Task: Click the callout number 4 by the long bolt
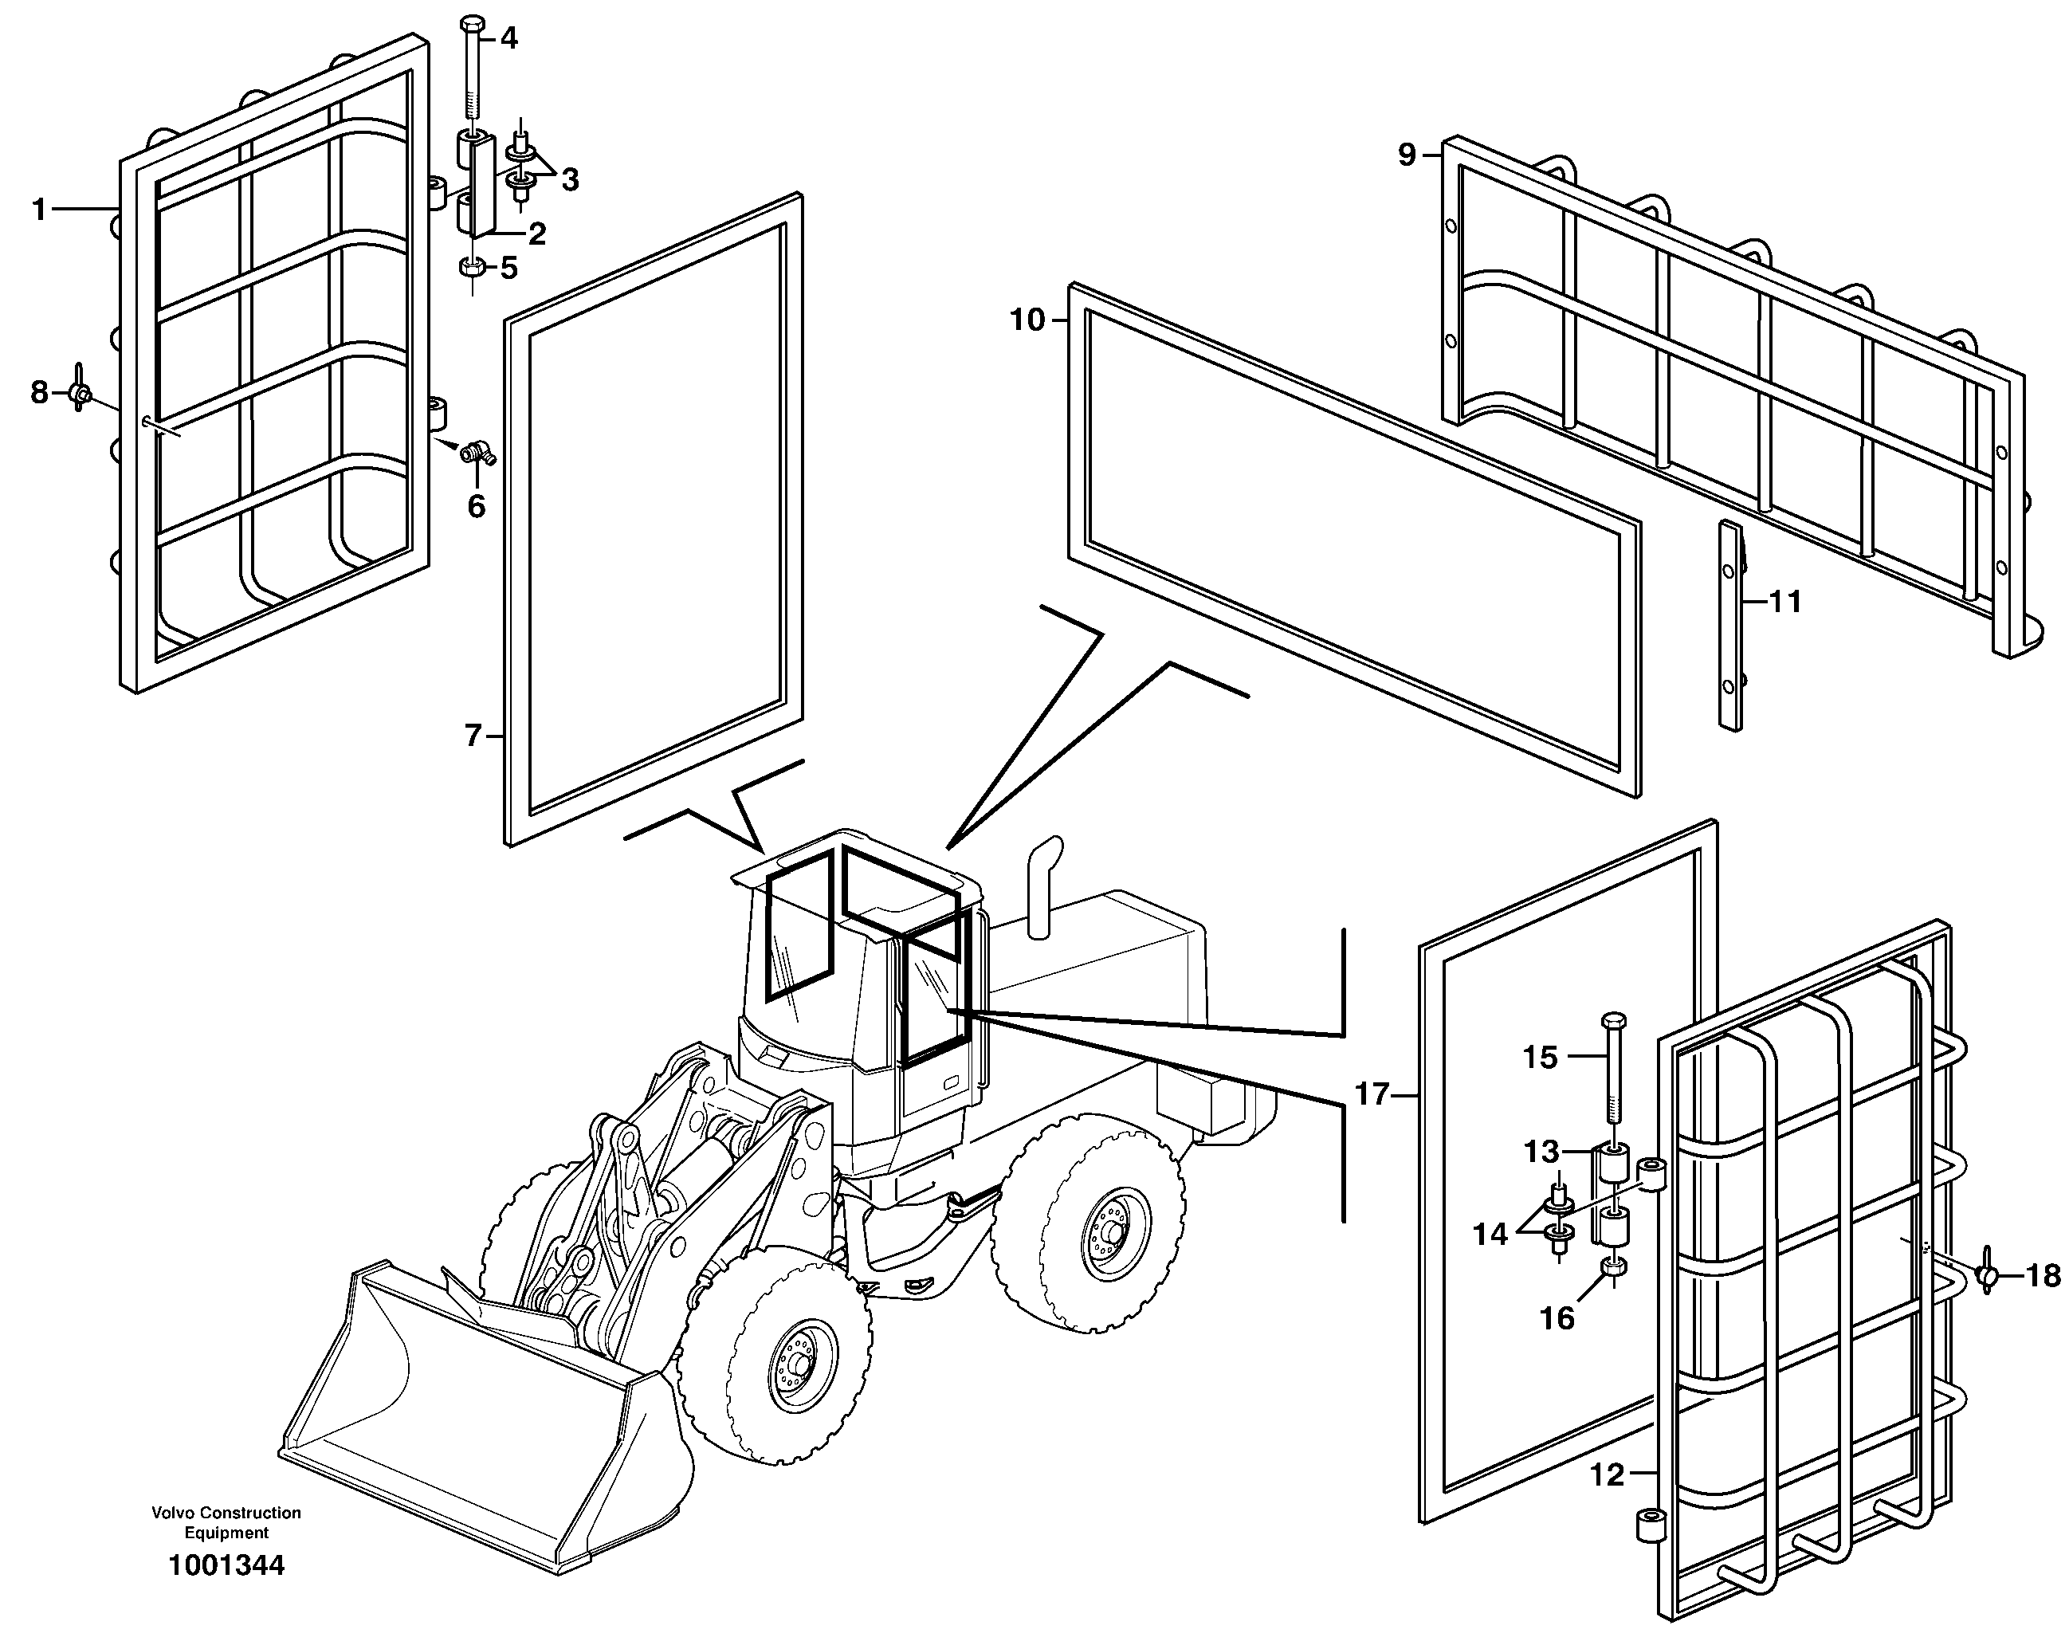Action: pyautogui.click(x=508, y=38)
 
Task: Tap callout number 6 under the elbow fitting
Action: pyautogui.click(x=477, y=506)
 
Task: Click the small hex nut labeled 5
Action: pyautogui.click(x=471, y=267)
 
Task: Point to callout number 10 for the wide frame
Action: pyautogui.click(x=1027, y=320)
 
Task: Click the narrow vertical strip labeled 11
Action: pyautogui.click(x=1729, y=625)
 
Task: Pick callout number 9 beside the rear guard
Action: pyautogui.click(x=1407, y=155)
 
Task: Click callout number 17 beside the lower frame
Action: pyautogui.click(x=1372, y=1094)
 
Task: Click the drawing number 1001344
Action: pyautogui.click(x=226, y=1565)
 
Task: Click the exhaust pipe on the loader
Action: pyautogui.click(x=1043, y=885)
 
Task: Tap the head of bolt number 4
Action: pyautogui.click(x=472, y=24)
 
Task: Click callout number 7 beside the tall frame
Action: pyautogui.click(x=473, y=736)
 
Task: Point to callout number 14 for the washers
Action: pyautogui.click(x=1490, y=1235)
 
